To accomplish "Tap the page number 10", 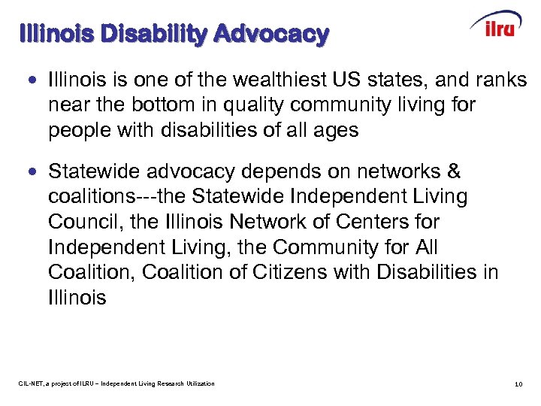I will point(518,384).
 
